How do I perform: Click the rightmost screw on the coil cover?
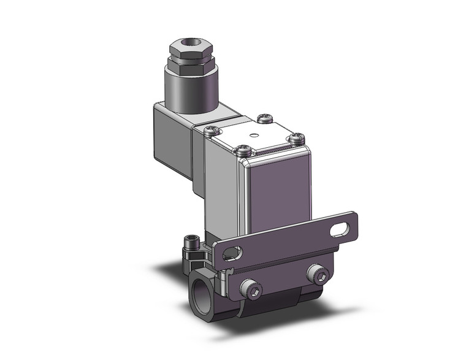[297, 138]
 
